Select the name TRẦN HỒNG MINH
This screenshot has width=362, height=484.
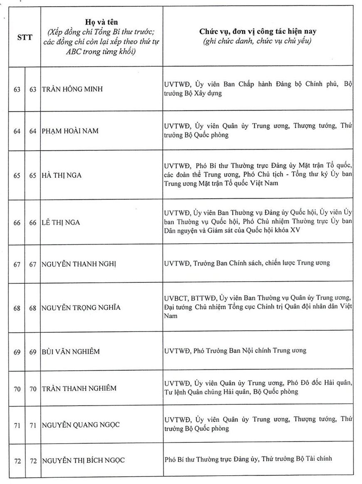(x=72, y=89)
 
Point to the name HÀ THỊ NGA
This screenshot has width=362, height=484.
(x=62, y=175)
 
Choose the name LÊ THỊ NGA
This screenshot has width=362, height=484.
(x=61, y=222)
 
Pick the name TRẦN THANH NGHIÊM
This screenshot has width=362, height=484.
(x=79, y=388)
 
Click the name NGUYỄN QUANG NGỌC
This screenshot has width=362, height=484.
(x=81, y=424)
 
